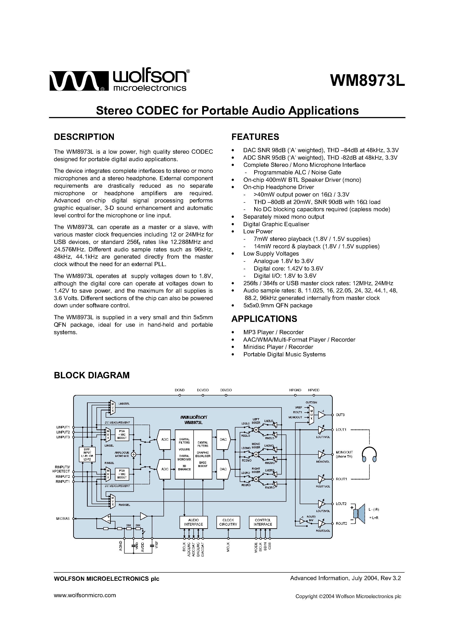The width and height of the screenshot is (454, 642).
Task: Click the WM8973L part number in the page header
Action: coord(367,81)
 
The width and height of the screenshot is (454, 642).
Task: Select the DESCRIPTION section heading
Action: coord(84,137)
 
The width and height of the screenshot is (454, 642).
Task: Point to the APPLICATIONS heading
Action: coord(264,319)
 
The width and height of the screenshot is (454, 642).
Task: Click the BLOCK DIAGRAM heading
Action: coord(92,375)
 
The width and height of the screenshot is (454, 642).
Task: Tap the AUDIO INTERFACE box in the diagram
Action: coord(193,522)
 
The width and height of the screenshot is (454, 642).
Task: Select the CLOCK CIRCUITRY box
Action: coord(228,522)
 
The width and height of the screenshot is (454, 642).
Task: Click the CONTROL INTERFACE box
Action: coord(263,522)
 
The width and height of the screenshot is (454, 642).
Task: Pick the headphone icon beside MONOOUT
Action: coord(369,454)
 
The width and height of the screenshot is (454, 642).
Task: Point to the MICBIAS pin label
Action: coord(63,519)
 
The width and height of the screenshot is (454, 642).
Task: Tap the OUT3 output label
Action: coord(340,415)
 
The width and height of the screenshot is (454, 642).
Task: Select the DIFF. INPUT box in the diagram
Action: coord(87,454)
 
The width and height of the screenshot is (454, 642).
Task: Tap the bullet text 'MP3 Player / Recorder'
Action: coord(273,332)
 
